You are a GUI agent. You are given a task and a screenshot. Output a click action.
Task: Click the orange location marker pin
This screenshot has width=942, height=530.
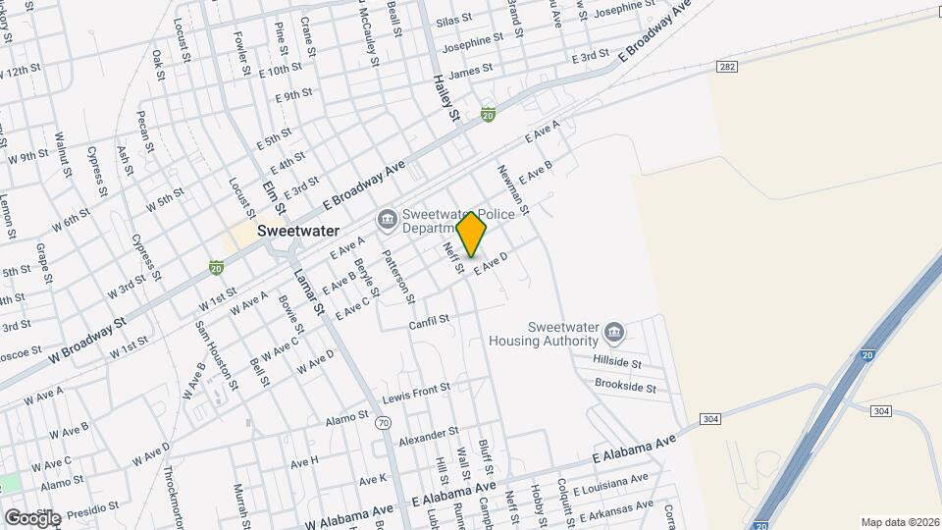point(472,235)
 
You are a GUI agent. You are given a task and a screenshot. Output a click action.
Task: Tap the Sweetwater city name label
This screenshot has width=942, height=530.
point(298,232)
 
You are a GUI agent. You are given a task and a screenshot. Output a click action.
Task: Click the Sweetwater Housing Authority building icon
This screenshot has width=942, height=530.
point(614,334)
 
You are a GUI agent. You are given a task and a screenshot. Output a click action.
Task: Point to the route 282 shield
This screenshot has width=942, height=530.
point(726,67)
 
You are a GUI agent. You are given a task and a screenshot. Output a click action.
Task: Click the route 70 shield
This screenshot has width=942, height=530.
point(384,424)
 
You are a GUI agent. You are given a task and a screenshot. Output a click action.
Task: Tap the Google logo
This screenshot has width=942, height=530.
point(31,517)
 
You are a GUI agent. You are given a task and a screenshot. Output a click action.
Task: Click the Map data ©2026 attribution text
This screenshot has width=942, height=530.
point(900,522)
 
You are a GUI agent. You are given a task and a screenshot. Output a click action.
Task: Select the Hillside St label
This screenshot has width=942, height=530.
point(617,362)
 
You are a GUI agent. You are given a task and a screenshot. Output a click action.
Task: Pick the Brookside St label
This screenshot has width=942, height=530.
point(625,387)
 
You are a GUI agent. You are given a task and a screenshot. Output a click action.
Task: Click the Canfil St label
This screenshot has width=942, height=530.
point(429,321)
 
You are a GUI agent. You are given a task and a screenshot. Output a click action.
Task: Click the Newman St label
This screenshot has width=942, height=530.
point(514,189)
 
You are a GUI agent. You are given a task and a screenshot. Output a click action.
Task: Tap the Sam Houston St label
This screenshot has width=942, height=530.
point(216,354)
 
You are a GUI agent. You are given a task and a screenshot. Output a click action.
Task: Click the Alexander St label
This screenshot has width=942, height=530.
point(429,432)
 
